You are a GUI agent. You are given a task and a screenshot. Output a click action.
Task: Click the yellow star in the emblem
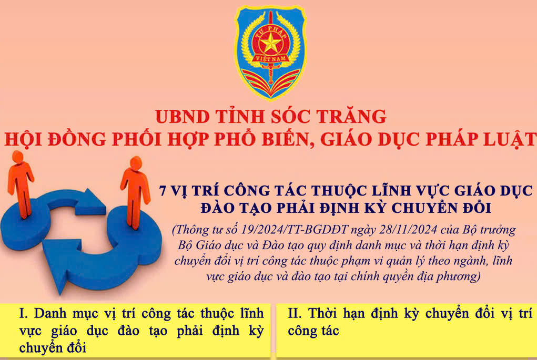tap(270, 44)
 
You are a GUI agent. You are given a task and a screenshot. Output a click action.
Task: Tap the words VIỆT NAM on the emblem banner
tap(270, 59)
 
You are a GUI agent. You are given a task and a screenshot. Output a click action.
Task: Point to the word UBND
tap(183, 117)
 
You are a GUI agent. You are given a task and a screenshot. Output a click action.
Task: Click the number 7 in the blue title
tap(163, 191)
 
